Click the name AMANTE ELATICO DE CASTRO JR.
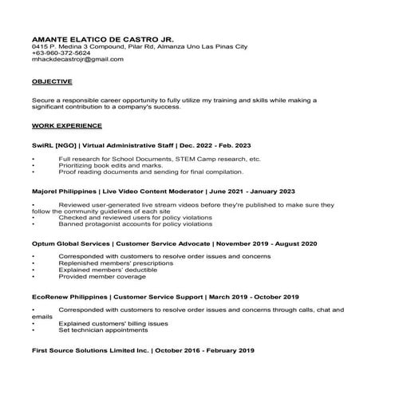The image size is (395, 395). tap(102, 38)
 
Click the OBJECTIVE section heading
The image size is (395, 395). tap(52, 81)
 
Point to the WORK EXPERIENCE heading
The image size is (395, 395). tap(67, 126)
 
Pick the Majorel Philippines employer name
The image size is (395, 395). tap(66, 192)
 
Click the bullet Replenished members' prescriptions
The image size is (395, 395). tap(116, 262)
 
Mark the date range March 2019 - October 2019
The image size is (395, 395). tap(252, 296)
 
